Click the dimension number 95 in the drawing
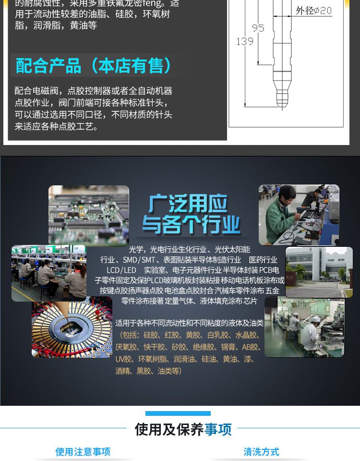click(x=258, y=28)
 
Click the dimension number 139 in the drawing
click(x=244, y=41)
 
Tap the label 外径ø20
click(x=313, y=11)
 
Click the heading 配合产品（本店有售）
click(x=94, y=66)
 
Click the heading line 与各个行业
click(x=191, y=225)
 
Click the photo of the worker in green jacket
click(x=299, y=215)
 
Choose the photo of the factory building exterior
click(x=319, y=272)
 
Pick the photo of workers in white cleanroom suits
click(x=304, y=327)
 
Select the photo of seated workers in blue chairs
click(x=48, y=273)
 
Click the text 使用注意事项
click(x=83, y=451)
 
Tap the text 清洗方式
click(x=261, y=451)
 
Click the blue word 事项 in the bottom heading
click(x=218, y=429)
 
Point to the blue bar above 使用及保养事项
click(x=178, y=413)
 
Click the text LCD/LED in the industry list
click(x=121, y=270)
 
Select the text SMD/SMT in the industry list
click(x=137, y=260)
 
